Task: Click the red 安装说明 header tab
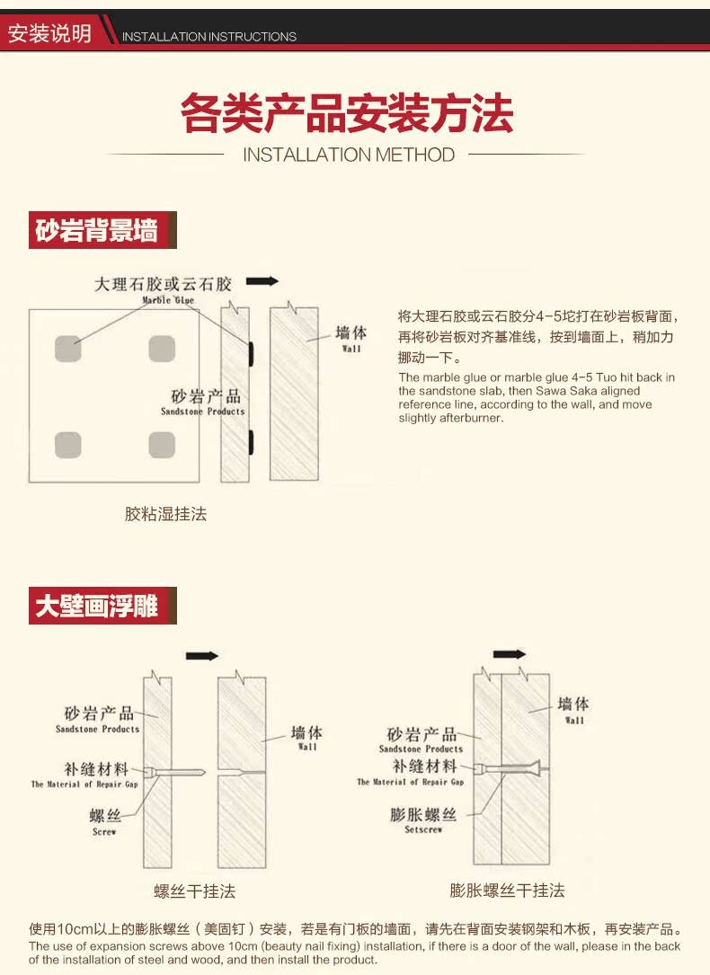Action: tap(49, 33)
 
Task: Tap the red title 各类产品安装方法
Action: tap(347, 114)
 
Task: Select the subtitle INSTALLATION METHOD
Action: tap(349, 155)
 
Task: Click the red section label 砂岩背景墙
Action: tap(97, 231)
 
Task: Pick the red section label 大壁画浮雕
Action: tap(97, 606)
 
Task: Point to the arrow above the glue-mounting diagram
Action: tap(262, 281)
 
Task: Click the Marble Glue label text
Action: tap(168, 300)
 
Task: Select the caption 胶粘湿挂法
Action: tap(165, 514)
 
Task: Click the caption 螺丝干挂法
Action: tap(194, 891)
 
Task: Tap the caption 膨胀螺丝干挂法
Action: tap(507, 891)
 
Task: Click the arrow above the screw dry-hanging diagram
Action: tap(202, 656)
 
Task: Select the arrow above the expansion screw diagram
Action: tap(510, 653)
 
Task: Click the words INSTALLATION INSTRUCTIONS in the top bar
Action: tap(209, 37)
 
